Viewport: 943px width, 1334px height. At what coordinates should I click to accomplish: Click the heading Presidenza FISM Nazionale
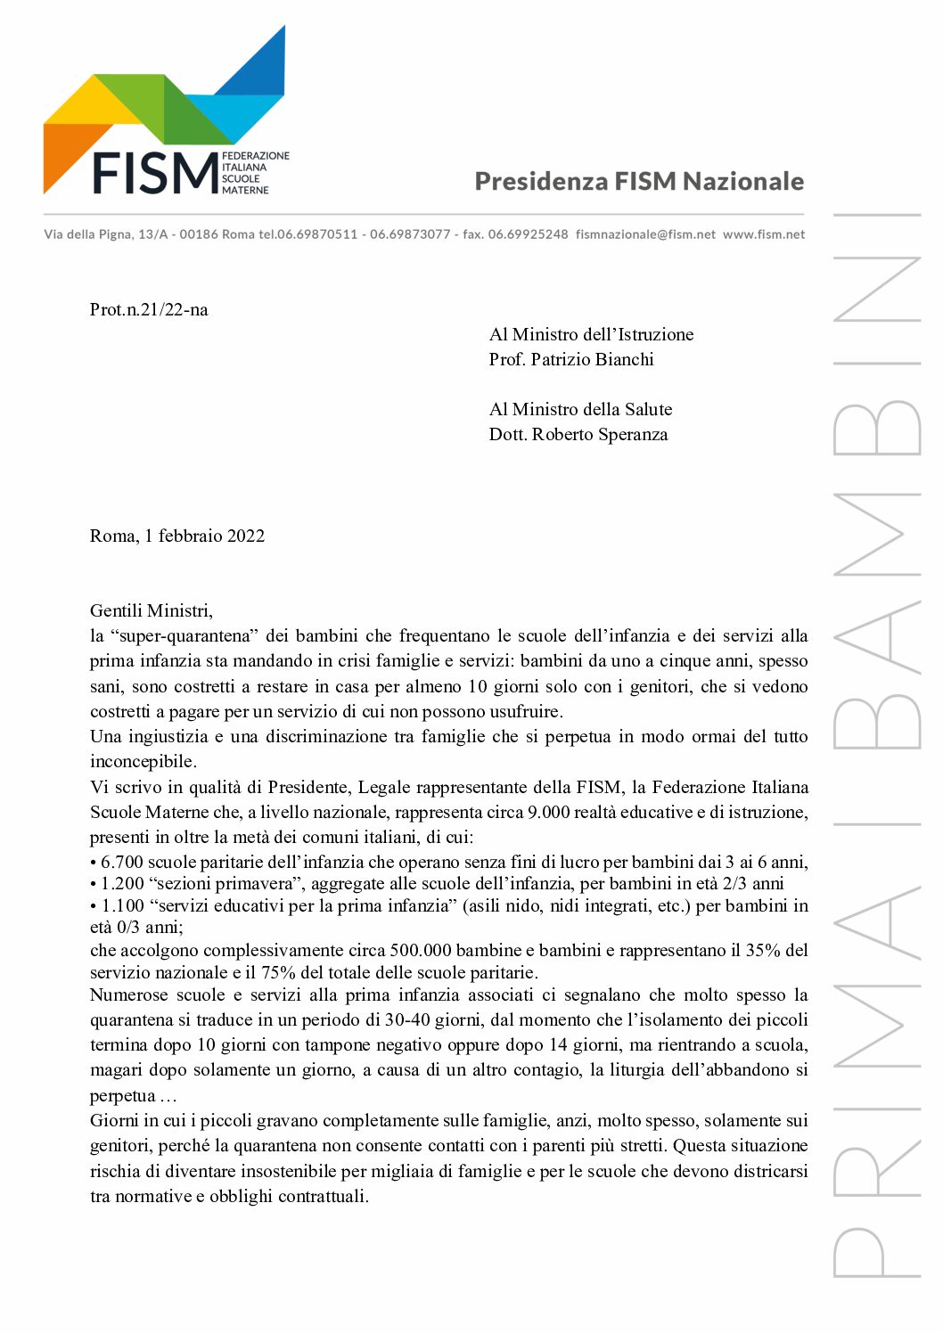(639, 181)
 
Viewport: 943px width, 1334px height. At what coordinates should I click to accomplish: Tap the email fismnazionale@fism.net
(645, 234)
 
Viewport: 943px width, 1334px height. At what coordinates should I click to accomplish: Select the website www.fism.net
(764, 234)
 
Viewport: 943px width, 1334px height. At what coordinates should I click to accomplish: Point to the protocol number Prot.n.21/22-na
(149, 310)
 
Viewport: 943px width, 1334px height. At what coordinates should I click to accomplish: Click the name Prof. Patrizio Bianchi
(571, 360)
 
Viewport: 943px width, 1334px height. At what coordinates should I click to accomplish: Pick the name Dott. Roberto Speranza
(578, 435)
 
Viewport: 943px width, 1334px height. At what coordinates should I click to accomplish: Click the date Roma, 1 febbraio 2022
(177, 536)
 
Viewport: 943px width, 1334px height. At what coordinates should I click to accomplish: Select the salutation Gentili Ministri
(152, 611)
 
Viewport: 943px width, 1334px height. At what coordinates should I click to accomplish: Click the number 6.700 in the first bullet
(122, 863)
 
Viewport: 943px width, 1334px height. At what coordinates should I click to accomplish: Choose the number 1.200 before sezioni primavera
(122, 884)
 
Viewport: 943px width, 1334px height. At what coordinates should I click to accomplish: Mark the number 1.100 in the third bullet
(122, 906)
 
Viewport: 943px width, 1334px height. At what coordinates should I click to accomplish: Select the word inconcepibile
(141, 762)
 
